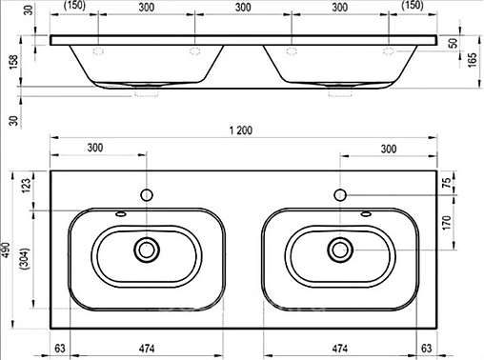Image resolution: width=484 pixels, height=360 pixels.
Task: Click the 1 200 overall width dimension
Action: pyautogui.click(x=241, y=130)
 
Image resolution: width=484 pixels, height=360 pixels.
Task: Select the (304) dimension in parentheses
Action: pyautogui.click(x=25, y=259)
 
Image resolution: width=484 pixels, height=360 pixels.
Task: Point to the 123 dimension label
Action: pyautogui.click(x=27, y=186)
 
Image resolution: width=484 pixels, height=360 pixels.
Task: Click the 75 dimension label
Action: pyautogui.click(x=447, y=183)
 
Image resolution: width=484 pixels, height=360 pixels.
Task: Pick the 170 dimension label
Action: pyautogui.click(x=447, y=223)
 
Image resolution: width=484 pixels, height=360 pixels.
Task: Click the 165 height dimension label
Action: pyautogui.click(x=473, y=59)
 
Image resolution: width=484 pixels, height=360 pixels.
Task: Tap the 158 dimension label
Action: pyautogui.click(x=13, y=63)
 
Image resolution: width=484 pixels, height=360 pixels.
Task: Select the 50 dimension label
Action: pyautogui.click(x=454, y=43)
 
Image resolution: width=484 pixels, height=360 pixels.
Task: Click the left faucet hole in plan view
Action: pyautogui.click(x=147, y=195)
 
